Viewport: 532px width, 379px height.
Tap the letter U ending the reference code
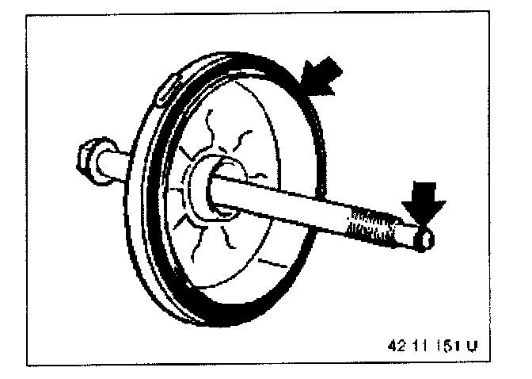pyautogui.click(x=472, y=346)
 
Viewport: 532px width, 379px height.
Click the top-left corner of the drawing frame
pyautogui.click(x=28, y=17)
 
